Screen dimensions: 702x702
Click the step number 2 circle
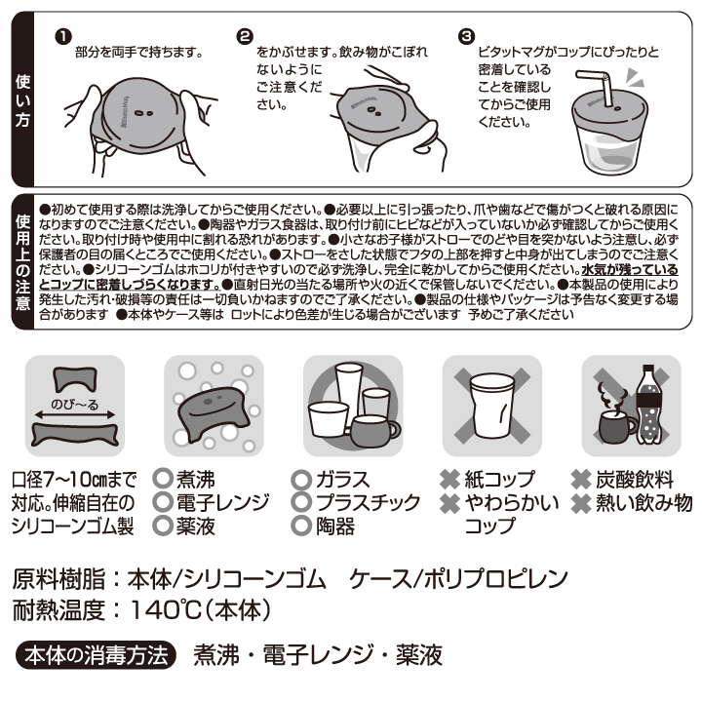pyautogui.click(x=244, y=36)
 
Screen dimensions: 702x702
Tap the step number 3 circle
pyautogui.click(x=465, y=36)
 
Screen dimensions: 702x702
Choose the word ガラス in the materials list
pyautogui.click(x=342, y=479)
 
